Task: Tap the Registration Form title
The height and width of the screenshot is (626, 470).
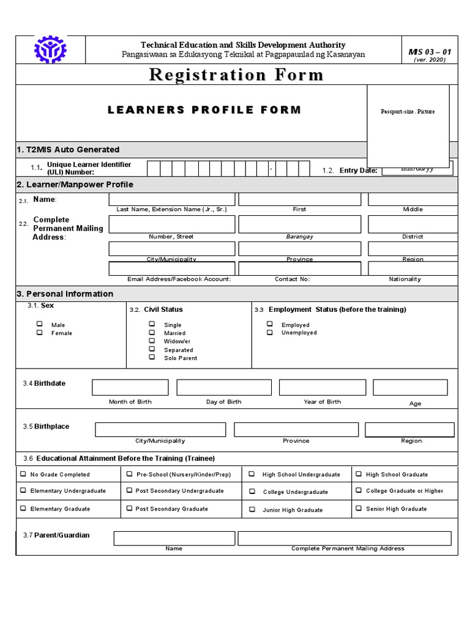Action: pos(236,75)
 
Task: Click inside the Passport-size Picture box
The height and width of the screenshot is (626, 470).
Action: pos(408,125)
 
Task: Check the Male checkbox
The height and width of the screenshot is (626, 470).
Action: pos(40,324)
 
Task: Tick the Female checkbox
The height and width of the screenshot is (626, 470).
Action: pos(40,333)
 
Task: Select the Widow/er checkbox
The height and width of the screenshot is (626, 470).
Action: pos(152,341)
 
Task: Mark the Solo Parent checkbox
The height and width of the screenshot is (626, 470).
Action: pos(152,357)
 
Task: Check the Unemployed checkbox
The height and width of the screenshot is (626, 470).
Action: pos(270,332)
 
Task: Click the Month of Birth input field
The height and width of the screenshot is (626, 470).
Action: pos(130,388)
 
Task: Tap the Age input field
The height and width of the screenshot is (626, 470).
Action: pos(410,388)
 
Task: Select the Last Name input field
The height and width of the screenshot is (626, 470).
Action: pos(171,199)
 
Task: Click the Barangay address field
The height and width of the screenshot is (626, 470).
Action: pos(299,224)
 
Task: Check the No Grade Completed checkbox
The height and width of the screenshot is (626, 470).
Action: pos(23,474)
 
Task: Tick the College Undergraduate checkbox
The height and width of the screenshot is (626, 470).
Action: pos(252,492)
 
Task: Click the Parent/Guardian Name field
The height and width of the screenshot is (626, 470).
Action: pos(174,538)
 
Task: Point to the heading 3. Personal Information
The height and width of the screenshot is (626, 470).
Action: pos(65,294)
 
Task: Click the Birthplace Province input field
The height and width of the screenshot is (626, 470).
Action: pos(296,430)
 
